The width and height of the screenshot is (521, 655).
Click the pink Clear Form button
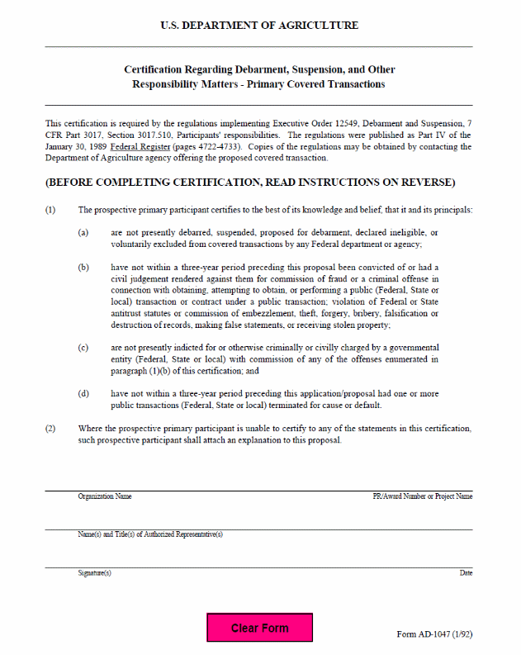(x=259, y=628)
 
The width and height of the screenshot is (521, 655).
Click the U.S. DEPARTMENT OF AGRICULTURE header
(x=259, y=26)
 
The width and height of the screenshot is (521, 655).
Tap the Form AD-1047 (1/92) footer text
(x=434, y=634)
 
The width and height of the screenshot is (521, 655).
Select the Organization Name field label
(x=105, y=496)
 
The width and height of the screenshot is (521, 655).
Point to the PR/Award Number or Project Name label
(x=422, y=496)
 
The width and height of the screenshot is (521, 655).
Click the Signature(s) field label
(x=94, y=572)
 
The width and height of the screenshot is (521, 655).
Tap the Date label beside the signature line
(x=466, y=572)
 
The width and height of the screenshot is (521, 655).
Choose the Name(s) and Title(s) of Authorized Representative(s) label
(x=150, y=534)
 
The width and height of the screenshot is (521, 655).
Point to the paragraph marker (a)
(x=83, y=232)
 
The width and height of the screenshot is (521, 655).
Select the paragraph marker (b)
(x=83, y=267)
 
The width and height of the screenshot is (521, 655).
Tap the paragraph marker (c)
(x=83, y=348)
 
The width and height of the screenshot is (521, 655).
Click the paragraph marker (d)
(x=83, y=393)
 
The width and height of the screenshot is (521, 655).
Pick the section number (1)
(x=50, y=210)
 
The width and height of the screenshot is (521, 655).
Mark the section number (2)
(x=50, y=429)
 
